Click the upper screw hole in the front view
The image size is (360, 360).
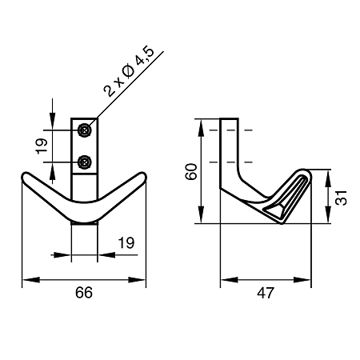[x=85, y=130]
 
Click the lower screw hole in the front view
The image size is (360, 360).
[x=85, y=162]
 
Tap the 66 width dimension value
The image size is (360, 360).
[x=84, y=293]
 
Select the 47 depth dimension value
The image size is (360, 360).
[x=266, y=293]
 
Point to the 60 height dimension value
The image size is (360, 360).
[x=191, y=172]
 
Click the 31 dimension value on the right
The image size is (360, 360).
[x=342, y=198]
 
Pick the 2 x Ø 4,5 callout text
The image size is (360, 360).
[x=129, y=72]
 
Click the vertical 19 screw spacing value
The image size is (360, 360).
[x=42, y=146]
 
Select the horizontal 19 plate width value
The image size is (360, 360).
[x=126, y=242]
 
